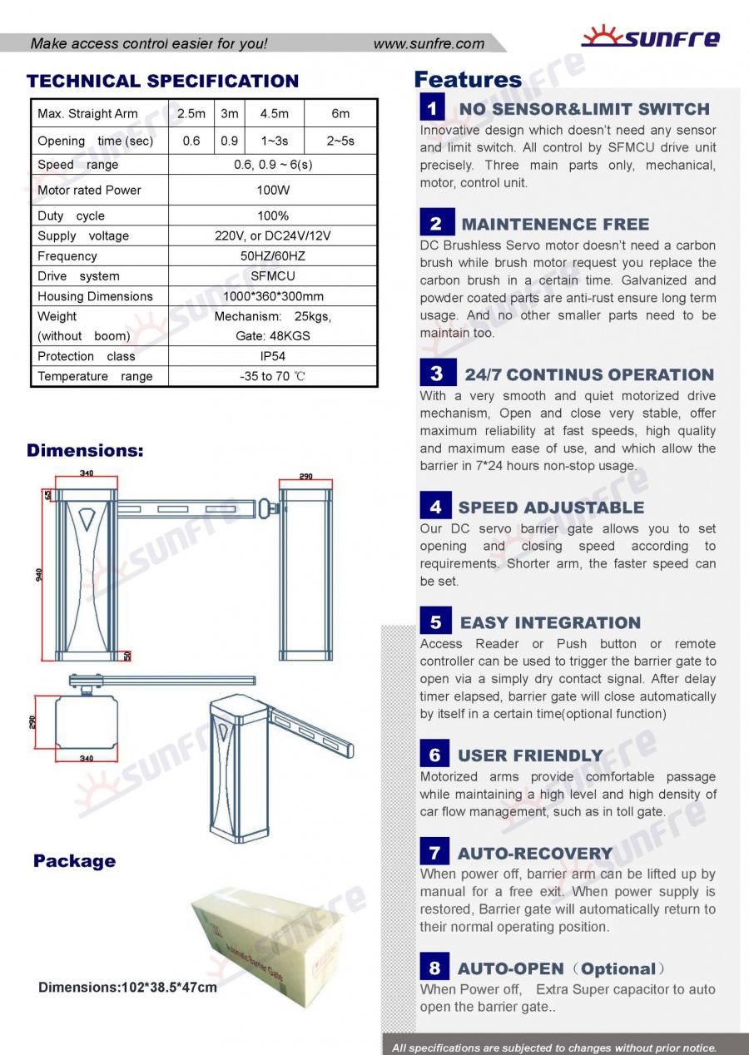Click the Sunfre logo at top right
[x=650, y=37]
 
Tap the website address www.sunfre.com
[x=429, y=44]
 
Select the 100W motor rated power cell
[x=273, y=191]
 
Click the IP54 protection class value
[x=273, y=356]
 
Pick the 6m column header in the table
[x=340, y=114]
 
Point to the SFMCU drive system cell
[x=273, y=276]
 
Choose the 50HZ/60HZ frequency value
[x=273, y=256]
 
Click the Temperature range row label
[x=95, y=376]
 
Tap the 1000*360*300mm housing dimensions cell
[x=273, y=296]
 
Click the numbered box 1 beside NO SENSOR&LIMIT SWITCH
[x=433, y=108]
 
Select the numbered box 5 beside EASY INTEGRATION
[x=435, y=622]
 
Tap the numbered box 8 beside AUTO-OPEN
[x=434, y=968]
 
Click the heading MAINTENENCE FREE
[x=555, y=225]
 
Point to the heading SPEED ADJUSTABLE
[x=551, y=508]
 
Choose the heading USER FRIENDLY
[x=530, y=755]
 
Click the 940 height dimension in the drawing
[x=39, y=575]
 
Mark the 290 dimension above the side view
[x=305, y=478]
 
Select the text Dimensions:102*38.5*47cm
[x=127, y=988]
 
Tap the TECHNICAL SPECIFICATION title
[x=162, y=82]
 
